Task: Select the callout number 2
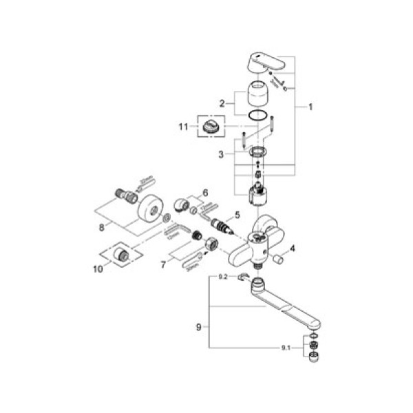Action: [222, 103]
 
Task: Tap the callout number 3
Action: [220, 156]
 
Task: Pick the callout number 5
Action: [237, 215]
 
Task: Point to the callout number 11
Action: [182, 126]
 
